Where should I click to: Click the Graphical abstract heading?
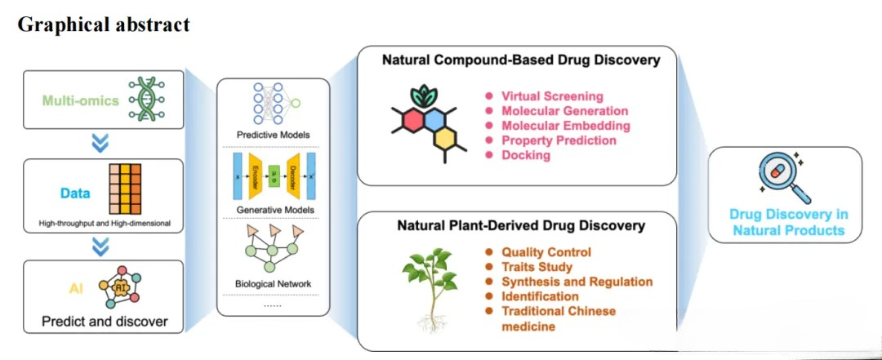pos(104,24)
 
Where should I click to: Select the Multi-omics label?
pos(82,100)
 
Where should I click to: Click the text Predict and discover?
pos(105,322)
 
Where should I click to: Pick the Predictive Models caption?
pos(272,134)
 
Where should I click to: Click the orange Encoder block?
pos(254,175)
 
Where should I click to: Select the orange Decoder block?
pos(292,175)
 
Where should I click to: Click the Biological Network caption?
pos(272,284)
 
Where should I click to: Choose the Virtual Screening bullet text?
pos(552,96)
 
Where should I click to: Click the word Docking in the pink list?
pos(526,155)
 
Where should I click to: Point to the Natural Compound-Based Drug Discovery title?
pos(521,60)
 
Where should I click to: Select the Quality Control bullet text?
pos(546,252)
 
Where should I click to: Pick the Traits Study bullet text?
pos(537,267)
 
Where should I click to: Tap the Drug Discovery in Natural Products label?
pos(790,222)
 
